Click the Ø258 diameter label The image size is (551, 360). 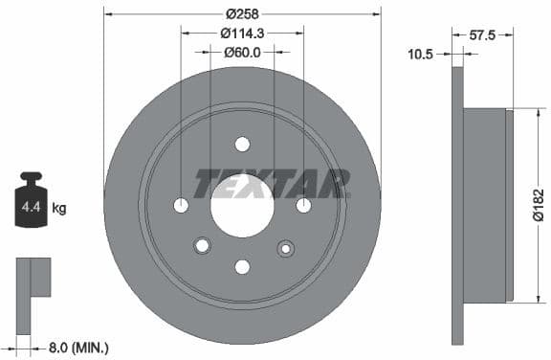coord(242,14)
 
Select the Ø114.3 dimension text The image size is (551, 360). coord(242,34)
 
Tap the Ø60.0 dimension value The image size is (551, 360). coord(242,53)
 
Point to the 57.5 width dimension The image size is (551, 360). coord(482,34)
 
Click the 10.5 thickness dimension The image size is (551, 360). coord(420,55)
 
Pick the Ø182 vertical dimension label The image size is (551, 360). coord(538,205)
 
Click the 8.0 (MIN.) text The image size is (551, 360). coord(78,349)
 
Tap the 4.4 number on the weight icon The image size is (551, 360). coord(31,207)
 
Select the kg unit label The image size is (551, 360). coord(59,208)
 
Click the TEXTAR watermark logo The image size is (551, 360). coord(272,183)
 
